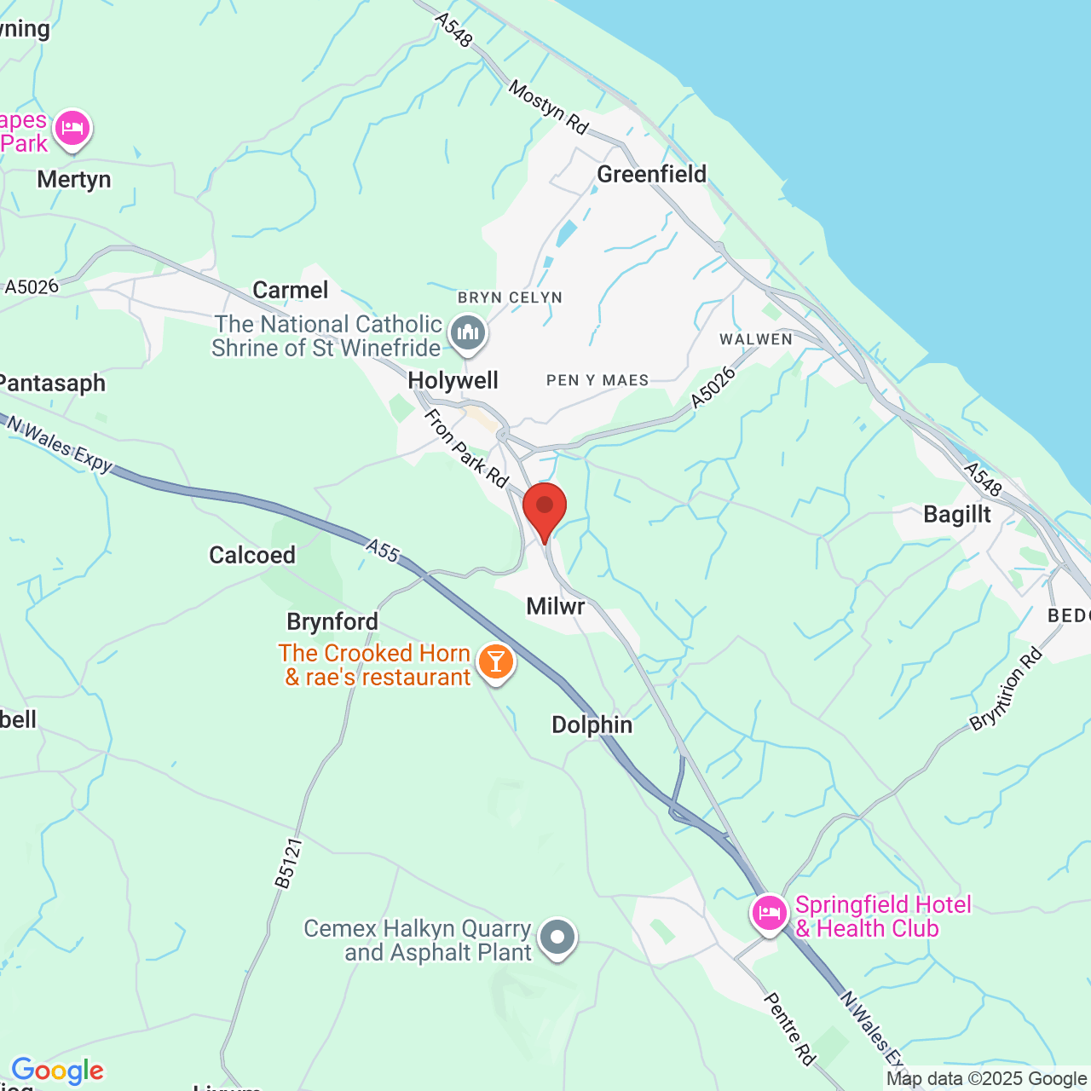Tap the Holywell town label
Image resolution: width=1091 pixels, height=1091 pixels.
pyautogui.click(x=453, y=380)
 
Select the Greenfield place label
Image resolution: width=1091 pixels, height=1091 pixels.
pyautogui.click(x=652, y=174)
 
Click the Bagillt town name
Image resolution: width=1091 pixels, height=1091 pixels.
pyautogui.click(x=957, y=514)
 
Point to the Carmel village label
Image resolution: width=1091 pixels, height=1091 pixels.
pyautogui.click(x=291, y=290)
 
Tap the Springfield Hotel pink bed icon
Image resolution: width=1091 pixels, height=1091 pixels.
pyautogui.click(x=769, y=913)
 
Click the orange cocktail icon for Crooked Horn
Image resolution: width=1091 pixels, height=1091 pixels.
pyautogui.click(x=495, y=661)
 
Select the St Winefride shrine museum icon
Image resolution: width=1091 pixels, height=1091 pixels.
pyautogui.click(x=468, y=332)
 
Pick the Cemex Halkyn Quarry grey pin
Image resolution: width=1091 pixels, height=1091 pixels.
pyautogui.click(x=557, y=937)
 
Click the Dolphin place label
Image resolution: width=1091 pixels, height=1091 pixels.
pyautogui.click(x=592, y=724)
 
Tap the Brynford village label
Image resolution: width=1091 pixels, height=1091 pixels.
pyautogui.click(x=332, y=621)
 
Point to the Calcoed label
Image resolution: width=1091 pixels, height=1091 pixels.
pyautogui.click(x=252, y=555)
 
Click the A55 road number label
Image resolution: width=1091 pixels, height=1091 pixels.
pyautogui.click(x=384, y=551)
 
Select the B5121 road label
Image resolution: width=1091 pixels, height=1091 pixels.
pyautogui.click(x=289, y=863)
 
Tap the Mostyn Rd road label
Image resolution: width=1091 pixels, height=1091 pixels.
pyautogui.click(x=549, y=107)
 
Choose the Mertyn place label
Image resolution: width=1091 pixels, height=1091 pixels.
pyautogui.click(x=74, y=179)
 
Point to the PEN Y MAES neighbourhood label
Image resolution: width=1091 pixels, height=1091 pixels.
pyautogui.click(x=597, y=380)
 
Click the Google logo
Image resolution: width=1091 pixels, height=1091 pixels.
pyautogui.click(x=58, y=1071)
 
